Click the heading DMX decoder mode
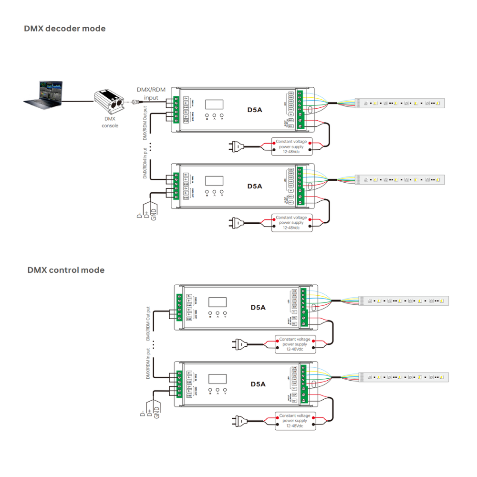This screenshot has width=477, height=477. point(65,29)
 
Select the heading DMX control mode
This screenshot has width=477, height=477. point(66,270)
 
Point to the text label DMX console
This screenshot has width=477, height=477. point(109,123)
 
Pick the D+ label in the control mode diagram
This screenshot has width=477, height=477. point(149,413)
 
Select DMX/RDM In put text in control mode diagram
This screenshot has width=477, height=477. point(148,364)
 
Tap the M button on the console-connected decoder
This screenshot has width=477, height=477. point(207,116)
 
